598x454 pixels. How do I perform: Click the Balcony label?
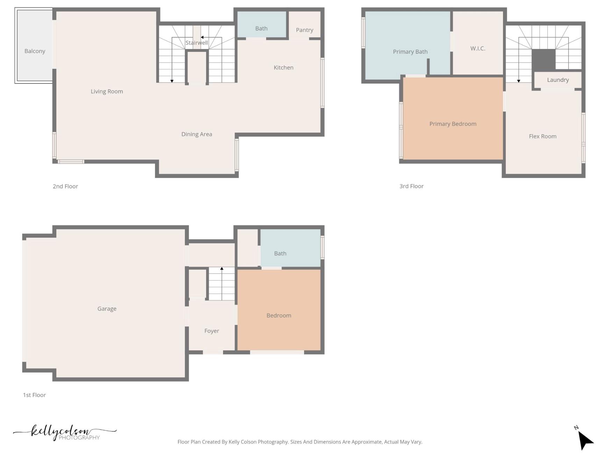[35, 51]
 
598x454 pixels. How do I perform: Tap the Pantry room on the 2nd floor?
[304, 30]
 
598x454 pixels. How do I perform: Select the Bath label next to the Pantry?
[261, 28]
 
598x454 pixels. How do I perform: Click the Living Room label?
[107, 91]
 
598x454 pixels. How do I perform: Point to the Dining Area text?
[197, 134]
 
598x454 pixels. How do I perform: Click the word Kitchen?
[283, 68]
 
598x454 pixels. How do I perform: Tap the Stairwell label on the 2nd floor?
[197, 43]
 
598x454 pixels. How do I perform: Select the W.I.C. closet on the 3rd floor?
[478, 48]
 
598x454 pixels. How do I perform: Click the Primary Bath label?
[410, 52]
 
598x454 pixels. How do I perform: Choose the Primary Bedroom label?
[453, 124]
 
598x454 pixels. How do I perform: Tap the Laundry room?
[557, 80]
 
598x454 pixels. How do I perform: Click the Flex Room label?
[542, 136]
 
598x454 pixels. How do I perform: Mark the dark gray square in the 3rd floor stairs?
[543, 60]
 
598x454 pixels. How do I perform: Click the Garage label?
[107, 308]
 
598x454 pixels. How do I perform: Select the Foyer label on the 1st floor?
[212, 331]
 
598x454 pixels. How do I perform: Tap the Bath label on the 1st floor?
[280, 253]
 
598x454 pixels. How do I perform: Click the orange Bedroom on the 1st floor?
[279, 315]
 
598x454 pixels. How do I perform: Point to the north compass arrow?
[584, 440]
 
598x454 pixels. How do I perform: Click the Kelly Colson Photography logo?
[65, 433]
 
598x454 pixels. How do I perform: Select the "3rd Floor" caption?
[411, 186]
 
